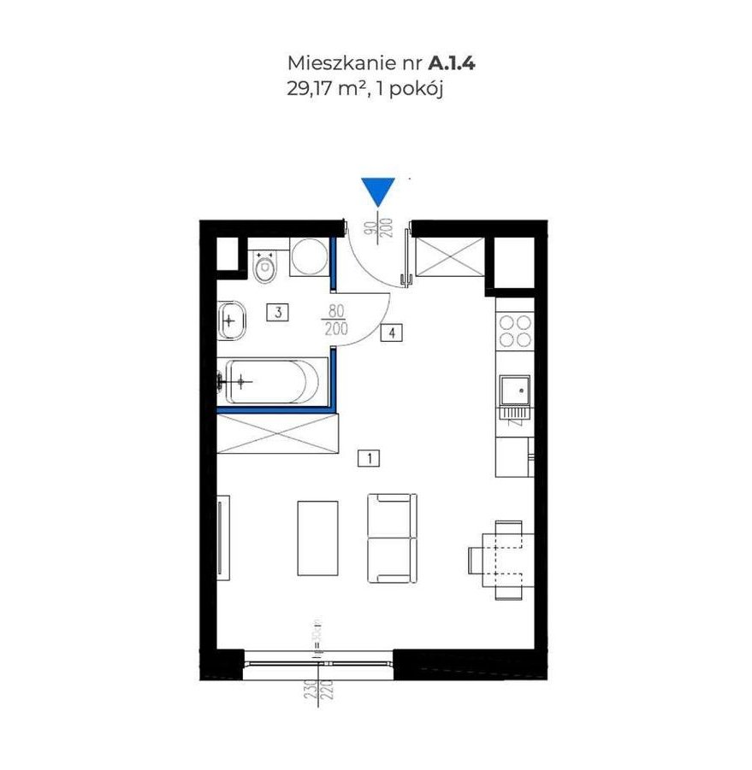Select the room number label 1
click(368, 459)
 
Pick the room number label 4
click(391, 333)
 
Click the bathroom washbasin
click(231, 321)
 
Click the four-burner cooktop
click(513, 331)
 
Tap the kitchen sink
click(516, 391)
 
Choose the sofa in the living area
click(392, 538)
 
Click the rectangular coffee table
click(317, 537)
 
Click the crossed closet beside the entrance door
click(447, 256)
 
